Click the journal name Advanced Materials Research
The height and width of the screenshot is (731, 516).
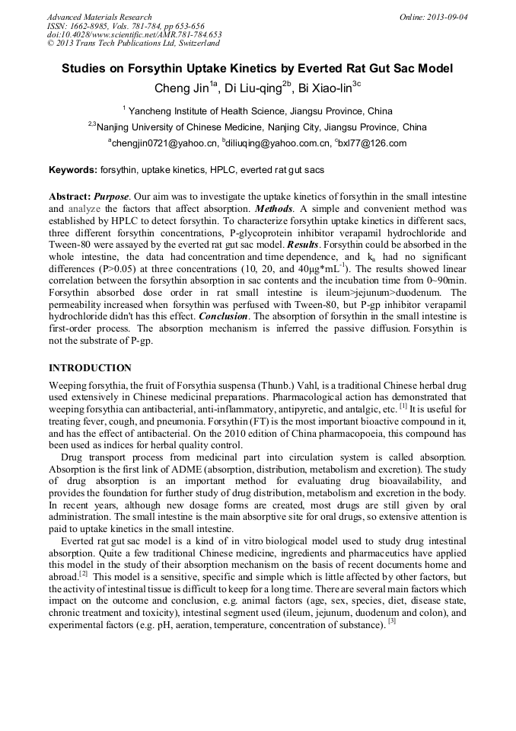(x=99, y=17)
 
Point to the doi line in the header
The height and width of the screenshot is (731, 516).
(x=134, y=34)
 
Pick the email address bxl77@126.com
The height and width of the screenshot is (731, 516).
(x=373, y=143)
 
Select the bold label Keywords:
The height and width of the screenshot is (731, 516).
(x=73, y=170)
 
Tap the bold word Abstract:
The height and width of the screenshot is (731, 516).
(x=69, y=196)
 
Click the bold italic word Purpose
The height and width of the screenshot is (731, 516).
(x=111, y=196)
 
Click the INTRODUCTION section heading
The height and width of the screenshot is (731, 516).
(x=90, y=368)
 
